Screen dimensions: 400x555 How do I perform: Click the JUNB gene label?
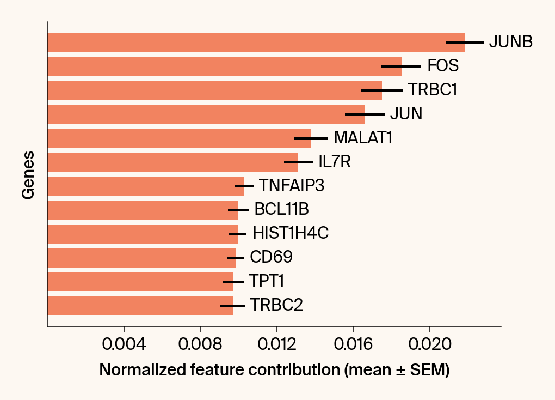click(x=510, y=42)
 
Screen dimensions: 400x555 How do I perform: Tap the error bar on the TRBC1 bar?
click(x=381, y=90)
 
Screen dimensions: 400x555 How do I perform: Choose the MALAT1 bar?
click(x=180, y=138)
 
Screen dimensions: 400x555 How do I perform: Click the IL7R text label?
click(x=335, y=162)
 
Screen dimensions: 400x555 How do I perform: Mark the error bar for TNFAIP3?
click(x=244, y=186)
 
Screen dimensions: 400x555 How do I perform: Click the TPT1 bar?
click(x=140, y=282)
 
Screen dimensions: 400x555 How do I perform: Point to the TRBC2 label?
click(x=276, y=305)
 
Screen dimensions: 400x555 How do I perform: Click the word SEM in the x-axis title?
click(x=427, y=371)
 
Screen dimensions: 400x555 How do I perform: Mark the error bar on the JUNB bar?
click(x=465, y=42)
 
